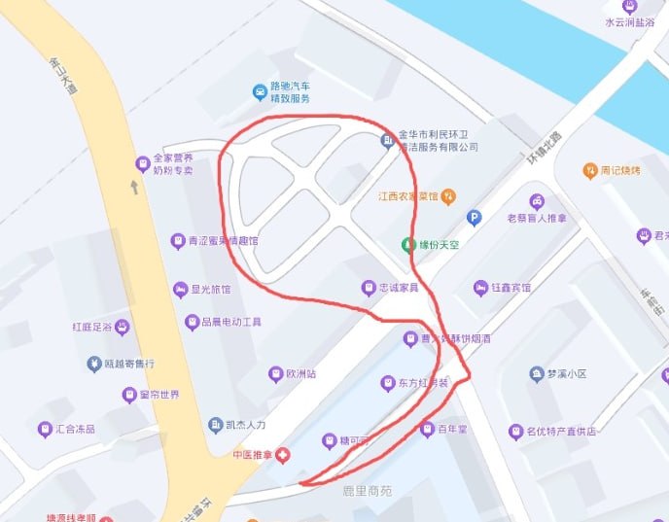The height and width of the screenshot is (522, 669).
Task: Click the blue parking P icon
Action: tap(475, 218)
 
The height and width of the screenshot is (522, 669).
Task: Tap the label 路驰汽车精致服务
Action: tap(289, 92)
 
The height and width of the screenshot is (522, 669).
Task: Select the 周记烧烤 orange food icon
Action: tap(589, 171)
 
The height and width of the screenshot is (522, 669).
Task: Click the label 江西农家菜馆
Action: tap(408, 195)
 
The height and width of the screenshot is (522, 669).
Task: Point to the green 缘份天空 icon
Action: tap(406, 244)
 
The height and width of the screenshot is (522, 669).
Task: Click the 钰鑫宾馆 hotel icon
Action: tap(479, 288)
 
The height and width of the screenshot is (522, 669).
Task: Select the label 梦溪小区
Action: tap(567, 373)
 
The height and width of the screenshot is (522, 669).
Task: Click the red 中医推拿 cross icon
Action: tap(282, 455)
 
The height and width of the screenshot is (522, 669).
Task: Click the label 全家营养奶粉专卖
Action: tap(173, 163)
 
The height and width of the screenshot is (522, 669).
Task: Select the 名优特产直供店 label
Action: tap(561, 432)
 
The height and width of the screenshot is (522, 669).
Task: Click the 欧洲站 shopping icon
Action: tap(276, 373)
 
